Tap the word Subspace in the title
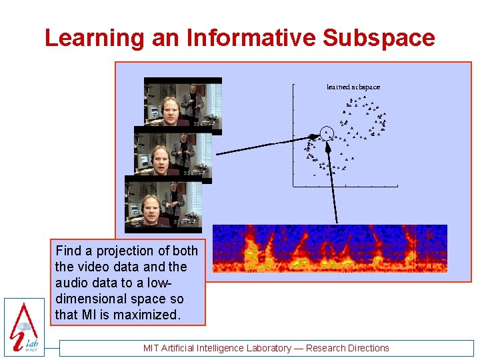pyautogui.click(x=379, y=38)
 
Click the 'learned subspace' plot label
pyautogui.click(x=353, y=87)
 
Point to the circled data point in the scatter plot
pyautogui.click(x=326, y=133)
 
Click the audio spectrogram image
pyautogui.click(x=329, y=249)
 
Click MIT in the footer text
pyautogui.click(x=153, y=348)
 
